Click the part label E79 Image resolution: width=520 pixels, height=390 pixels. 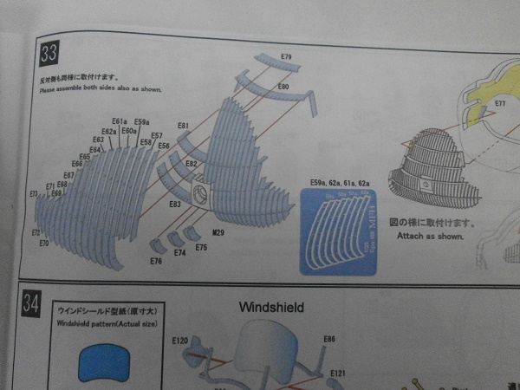[286, 57]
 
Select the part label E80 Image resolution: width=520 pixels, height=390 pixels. [283, 88]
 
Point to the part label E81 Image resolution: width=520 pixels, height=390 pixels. [184, 127]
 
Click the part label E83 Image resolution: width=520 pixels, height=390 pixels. [175, 205]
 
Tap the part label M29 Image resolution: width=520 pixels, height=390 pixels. [218, 233]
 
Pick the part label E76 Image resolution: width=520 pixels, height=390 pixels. [156, 260]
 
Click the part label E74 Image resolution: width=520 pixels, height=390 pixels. [179, 252]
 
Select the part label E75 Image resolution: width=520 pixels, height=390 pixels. [201, 248]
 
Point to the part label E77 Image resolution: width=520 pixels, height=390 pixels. [500, 103]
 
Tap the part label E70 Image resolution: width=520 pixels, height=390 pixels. [44, 244]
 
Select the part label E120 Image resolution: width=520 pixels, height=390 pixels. [180, 340]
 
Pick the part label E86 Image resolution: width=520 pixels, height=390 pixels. [329, 339]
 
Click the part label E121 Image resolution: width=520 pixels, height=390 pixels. [338, 373]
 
